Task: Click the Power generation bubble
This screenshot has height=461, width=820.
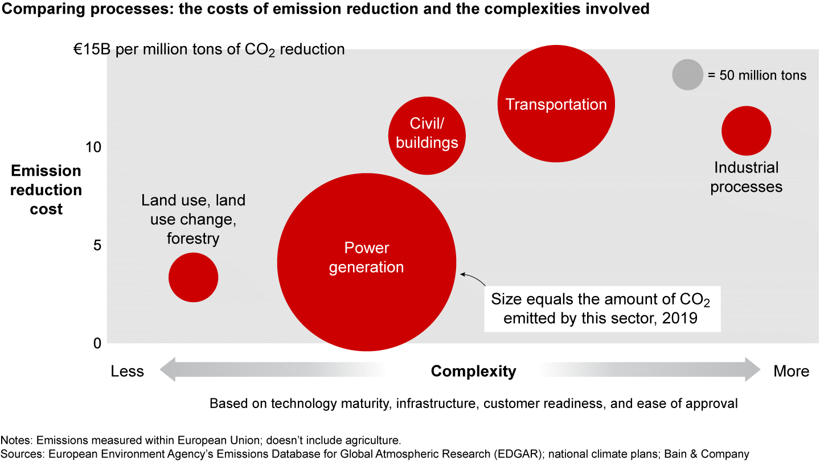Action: tap(367, 285)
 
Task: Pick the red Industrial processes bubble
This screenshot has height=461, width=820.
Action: tap(746, 131)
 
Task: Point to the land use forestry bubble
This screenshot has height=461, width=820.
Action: tap(193, 278)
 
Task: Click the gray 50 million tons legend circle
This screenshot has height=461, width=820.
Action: tap(687, 75)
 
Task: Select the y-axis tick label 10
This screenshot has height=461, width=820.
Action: tap(93, 147)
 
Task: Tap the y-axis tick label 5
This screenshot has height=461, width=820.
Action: tap(97, 245)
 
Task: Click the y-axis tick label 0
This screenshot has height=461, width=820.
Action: tap(97, 343)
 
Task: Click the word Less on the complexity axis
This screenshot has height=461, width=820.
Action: tap(127, 372)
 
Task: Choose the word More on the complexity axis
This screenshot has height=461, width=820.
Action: tap(791, 372)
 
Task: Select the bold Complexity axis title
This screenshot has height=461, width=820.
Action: tap(473, 372)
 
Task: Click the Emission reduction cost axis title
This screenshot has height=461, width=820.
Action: tap(46, 190)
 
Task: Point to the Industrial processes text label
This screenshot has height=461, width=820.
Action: tap(746, 177)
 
